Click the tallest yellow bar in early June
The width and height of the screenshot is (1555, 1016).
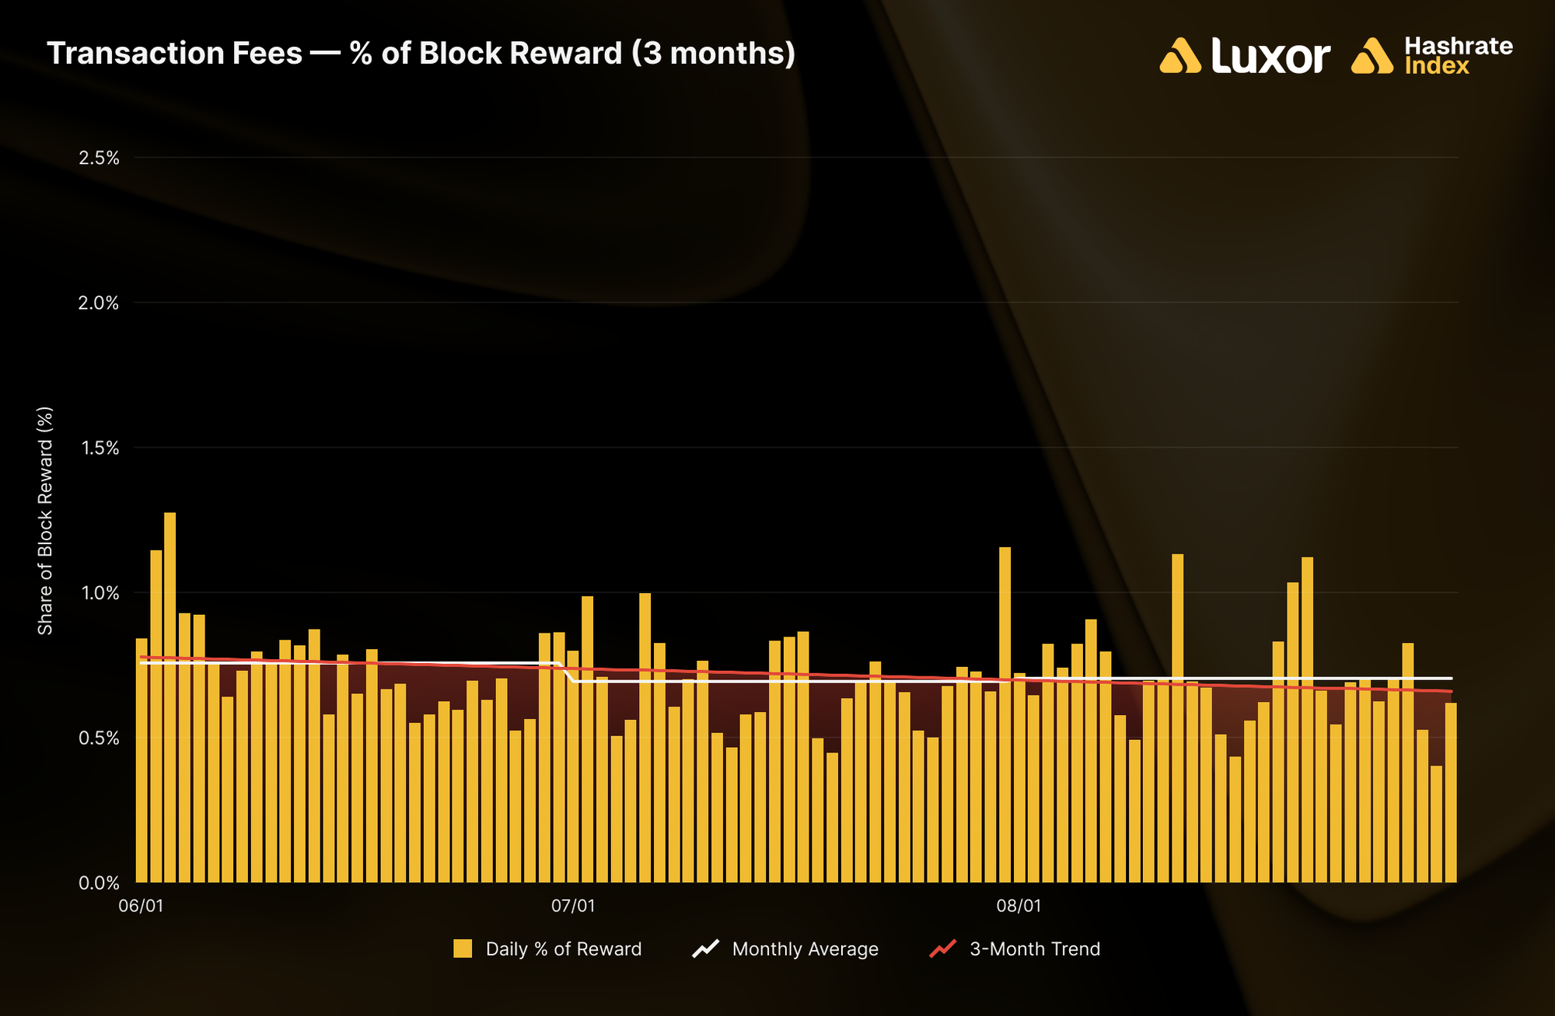169,697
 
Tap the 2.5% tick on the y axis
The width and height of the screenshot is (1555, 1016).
99,159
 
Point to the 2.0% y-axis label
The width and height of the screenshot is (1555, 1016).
99,303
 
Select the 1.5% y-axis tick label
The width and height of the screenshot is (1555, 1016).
99,449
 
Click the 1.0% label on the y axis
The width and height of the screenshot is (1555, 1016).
99,593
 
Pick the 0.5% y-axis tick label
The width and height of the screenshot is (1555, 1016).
99,738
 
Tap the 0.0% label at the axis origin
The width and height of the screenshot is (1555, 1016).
99,883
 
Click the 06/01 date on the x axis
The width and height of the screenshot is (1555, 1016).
141,906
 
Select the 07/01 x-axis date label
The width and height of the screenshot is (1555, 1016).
573,906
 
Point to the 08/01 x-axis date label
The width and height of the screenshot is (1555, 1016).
1019,906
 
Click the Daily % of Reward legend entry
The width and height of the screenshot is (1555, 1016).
547,949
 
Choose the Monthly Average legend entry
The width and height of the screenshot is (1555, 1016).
785,949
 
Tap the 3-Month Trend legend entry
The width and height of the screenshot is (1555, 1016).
1015,949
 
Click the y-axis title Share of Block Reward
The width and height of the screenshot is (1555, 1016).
45,520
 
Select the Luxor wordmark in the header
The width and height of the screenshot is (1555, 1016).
1270,56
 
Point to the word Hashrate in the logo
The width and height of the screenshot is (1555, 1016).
1459,46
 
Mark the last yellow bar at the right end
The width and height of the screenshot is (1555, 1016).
1451,793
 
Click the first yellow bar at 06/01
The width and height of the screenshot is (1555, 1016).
142,760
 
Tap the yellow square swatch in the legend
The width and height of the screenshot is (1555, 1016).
463,949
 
